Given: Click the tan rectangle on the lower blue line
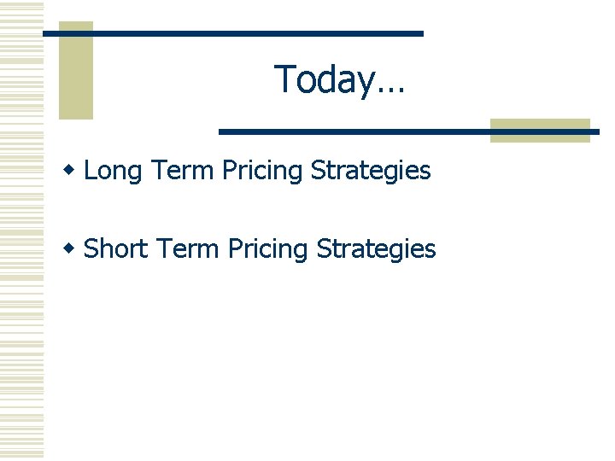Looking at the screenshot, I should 540,130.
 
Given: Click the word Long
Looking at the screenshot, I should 113,172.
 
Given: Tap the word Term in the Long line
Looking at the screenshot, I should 182,171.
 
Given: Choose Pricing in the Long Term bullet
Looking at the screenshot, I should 262,172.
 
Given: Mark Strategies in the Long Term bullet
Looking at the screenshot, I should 371,172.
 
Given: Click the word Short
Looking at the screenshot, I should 117,249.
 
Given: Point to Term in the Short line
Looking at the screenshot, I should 187,249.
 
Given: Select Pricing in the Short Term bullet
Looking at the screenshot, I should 267,250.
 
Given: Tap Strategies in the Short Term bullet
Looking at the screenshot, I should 376,250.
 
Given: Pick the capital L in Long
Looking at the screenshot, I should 91,171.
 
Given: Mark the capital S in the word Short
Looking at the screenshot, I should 91,249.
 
